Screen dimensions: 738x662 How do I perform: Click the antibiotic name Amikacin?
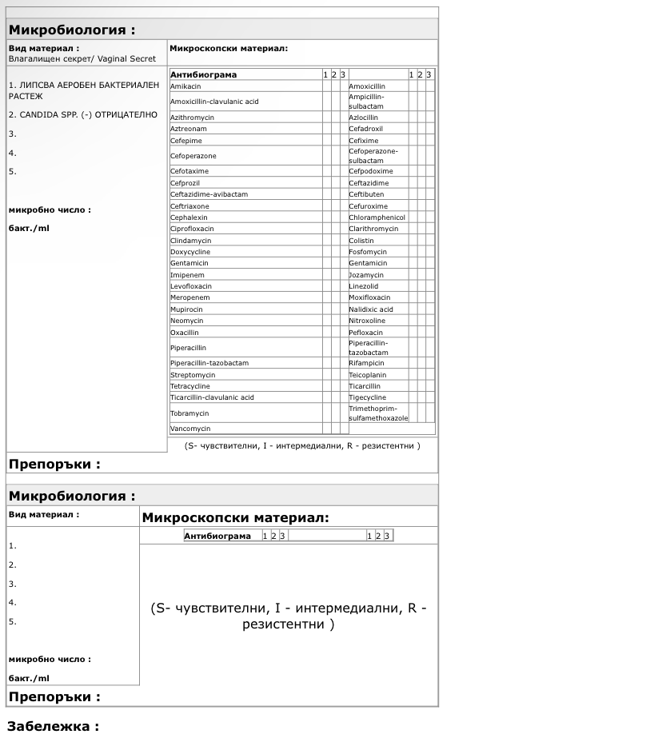pos(185,86)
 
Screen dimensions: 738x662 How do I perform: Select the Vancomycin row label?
pos(190,429)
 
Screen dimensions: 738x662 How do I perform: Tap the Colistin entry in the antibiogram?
pos(361,241)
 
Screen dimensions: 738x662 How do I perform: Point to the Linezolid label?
pos(364,286)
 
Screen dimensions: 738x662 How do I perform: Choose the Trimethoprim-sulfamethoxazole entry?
pos(378,413)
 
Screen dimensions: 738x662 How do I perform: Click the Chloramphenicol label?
pos(377,217)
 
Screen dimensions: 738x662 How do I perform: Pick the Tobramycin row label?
pos(189,413)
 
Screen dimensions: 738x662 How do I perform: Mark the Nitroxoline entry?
pos(367,321)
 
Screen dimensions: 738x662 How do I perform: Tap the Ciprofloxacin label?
pos(192,229)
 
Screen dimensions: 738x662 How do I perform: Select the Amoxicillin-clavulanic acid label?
pos(214,102)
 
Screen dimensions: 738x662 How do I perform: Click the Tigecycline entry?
pos(367,397)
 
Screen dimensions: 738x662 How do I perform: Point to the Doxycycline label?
pos(190,252)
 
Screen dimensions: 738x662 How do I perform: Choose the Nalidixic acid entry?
pos(371,309)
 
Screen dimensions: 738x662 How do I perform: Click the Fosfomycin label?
pos(368,252)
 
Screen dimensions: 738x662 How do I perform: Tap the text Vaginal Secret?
pos(126,59)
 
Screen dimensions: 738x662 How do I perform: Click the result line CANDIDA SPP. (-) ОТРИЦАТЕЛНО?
pos(83,115)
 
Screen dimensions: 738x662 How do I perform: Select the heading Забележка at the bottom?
pos(53,727)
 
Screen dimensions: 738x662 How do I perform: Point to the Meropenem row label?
pos(189,297)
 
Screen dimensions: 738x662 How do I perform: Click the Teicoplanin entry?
pos(368,374)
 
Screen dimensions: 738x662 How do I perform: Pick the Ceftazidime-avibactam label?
pos(209,194)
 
